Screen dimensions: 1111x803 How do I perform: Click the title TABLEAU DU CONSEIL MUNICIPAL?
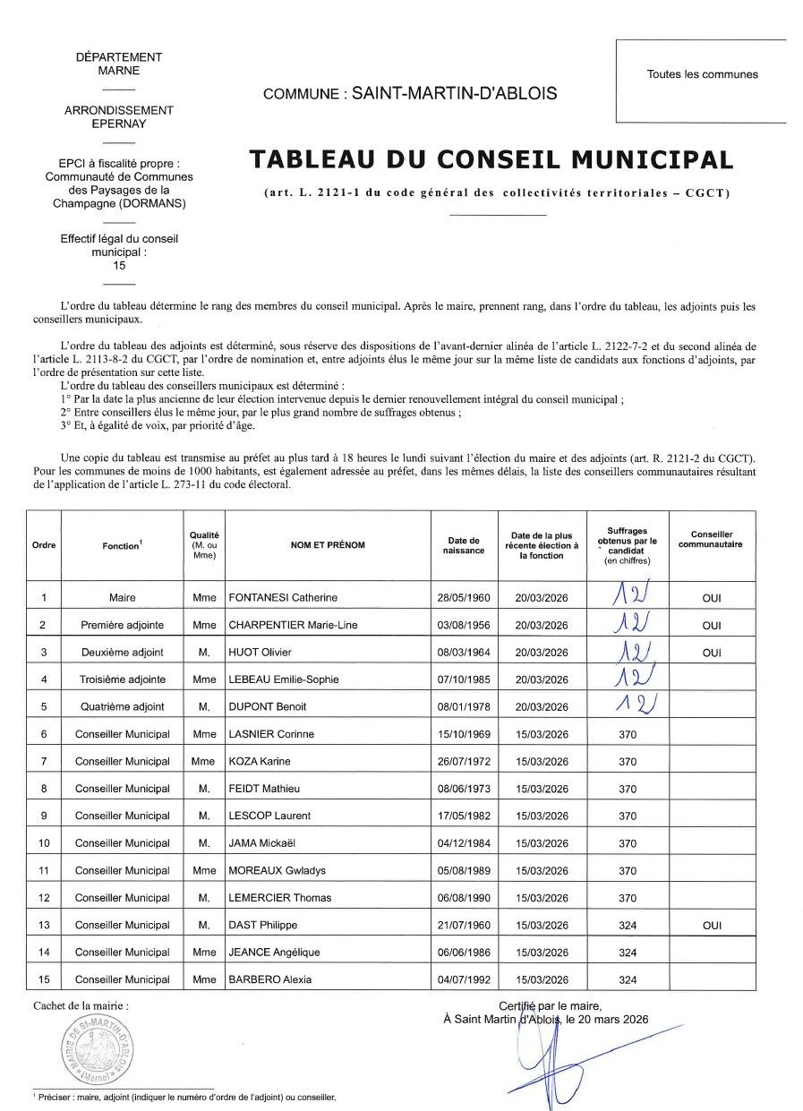[491, 159]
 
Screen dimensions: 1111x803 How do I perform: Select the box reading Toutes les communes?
[702, 75]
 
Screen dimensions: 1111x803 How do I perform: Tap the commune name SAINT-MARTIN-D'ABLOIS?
[454, 93]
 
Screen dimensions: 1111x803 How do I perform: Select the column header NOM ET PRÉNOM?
[327, 545]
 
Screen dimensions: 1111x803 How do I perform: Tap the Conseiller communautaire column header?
[711, 539]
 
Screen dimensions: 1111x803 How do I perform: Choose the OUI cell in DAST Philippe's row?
[712, 926]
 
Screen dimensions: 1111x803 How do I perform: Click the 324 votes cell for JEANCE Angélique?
[628, 953]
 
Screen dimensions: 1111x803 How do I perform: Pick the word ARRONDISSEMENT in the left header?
[119, 110]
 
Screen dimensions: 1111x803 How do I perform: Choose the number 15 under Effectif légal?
[119, 265]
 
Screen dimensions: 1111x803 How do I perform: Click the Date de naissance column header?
[463, 545]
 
